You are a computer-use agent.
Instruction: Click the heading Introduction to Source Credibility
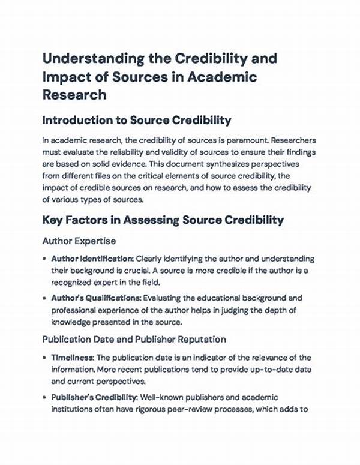point(137,120)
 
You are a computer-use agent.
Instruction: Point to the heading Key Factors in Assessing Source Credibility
point(163,220)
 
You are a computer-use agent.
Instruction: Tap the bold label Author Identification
point(92,258)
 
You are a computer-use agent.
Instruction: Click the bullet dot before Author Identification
point(46,258)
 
